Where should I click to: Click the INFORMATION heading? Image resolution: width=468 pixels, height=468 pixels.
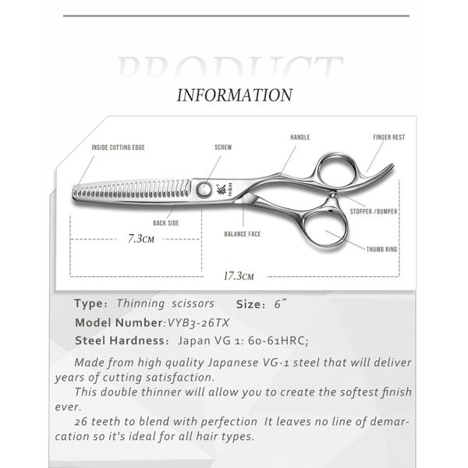tap(234, 96)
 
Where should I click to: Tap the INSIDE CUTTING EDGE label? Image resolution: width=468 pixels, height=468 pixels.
tap(118, 147)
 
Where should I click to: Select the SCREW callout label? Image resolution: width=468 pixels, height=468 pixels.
tap(223, 147)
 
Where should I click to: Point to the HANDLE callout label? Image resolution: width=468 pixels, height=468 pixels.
tap(300, 137)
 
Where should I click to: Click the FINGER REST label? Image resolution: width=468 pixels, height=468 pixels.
tap(388, 137)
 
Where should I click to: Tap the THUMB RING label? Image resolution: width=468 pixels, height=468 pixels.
tap(382, 250)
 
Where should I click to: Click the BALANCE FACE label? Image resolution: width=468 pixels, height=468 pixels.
tap(242, 234)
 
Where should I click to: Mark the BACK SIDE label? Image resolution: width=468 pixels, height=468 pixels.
tap(166, 223)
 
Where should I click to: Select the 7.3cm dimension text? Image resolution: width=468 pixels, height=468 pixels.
tap(140, 239)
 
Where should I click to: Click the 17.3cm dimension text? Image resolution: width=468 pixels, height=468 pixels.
tap(239, 276)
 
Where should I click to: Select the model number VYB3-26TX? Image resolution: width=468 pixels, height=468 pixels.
tap(199, 322)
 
